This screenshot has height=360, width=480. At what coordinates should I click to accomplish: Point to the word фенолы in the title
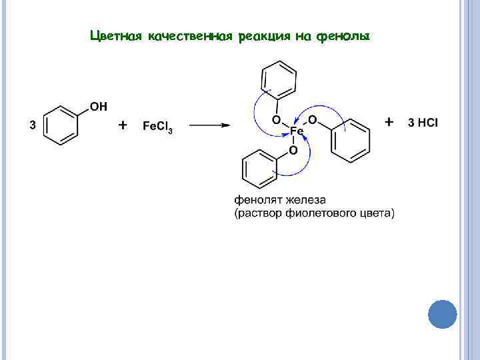click(x=343, y=35)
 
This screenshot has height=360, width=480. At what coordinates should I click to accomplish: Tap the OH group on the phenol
click(x=97, y=106)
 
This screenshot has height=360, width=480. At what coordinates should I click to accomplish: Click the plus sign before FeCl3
click(x=123, y=125)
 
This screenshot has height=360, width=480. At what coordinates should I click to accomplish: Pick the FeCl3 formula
click(x=158, y=126)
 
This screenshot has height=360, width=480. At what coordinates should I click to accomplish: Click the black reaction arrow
click(x=208, y=125)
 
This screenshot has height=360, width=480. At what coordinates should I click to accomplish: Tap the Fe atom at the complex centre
click(x=297, y=131)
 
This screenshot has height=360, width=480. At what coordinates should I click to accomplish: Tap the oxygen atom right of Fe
click(x=312, y=120)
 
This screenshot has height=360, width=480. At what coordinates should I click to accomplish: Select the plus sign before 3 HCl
click(x=390, y=122)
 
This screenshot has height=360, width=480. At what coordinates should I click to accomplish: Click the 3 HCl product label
click(x=423, y=123)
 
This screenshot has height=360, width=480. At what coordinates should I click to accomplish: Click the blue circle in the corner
click(x=442, y=313)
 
